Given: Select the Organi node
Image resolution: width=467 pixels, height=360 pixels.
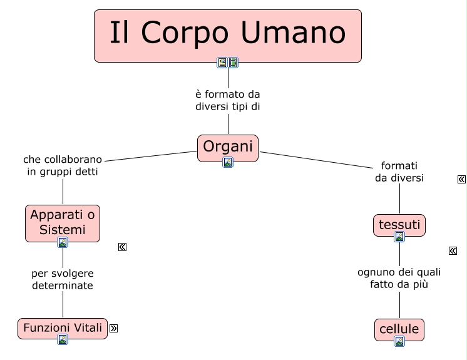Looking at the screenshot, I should pyautogui.click(x=228, y=147).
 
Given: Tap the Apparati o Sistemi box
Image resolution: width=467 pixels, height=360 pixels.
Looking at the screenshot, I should pyautogui.click(x=63, y=222).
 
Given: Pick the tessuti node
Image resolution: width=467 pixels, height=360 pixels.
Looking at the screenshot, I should pyautogui.click(x=399, y=224).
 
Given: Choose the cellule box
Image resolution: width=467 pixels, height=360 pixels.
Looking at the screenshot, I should pyautogui.click(x=399, y=328).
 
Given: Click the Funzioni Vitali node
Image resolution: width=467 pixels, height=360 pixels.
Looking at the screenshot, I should pyautogui.click(x=63, y=327).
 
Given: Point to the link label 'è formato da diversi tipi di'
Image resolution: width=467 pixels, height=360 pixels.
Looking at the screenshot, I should pyautogui.click(x=228, y=100).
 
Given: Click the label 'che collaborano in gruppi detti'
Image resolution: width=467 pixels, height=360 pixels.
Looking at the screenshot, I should pyautogui.click(x=63, y=165).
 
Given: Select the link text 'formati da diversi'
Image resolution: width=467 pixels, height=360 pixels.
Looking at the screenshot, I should pyautogui.click(x=399, y=172).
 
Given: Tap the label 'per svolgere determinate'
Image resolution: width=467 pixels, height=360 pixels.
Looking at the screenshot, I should pyautogui.click(x=63, y=279).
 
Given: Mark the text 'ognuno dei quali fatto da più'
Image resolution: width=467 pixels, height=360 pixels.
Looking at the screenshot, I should pyautogui.click(x=399, y=278).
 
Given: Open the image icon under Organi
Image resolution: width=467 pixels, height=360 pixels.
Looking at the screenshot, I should pyautogui.click(x=228, y=162).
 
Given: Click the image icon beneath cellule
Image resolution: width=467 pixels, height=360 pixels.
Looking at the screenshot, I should pyautogui.click(x=399, y=341).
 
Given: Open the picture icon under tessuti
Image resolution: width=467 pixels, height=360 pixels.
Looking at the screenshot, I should pyautogui.click(x=399, y=237).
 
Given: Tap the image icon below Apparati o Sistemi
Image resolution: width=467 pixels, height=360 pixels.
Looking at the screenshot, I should pyautogui.click(x=63, y=242).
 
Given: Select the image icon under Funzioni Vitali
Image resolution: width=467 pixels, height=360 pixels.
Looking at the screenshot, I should pyautogui.click(x=63, y=339).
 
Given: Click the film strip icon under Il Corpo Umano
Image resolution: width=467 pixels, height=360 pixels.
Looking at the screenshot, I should pyautogui.click(x=233, y=62).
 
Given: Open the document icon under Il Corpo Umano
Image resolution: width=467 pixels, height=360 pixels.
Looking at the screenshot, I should pyautogui.click(x=222, y=62).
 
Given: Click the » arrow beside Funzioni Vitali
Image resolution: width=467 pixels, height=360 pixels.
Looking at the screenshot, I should pyautogui.click(x=113, y=327).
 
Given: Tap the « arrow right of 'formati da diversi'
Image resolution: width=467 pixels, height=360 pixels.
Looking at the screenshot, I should pyautogui.click(x=461, y=180).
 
